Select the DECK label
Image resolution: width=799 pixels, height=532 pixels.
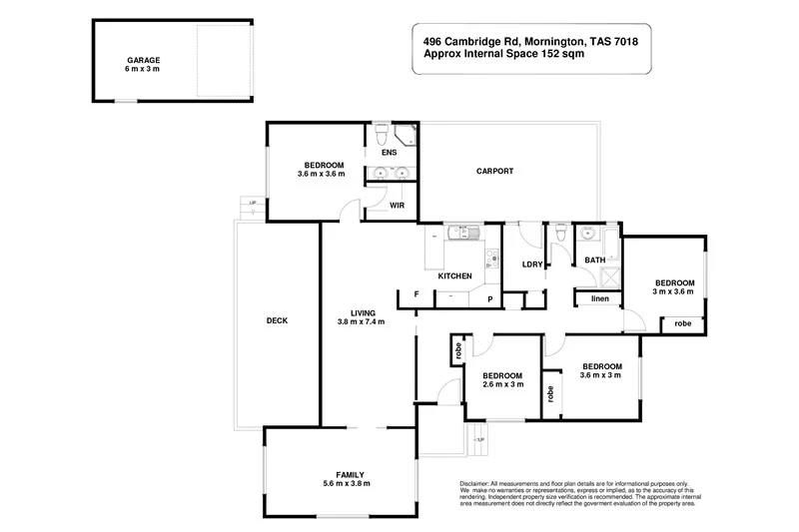click(x=277, y=320)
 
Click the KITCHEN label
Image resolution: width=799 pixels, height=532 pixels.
click(x=454, y=275)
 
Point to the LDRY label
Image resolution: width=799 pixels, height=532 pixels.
click(x=531, y=265)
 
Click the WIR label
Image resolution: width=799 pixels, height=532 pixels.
click(x=397, y=205)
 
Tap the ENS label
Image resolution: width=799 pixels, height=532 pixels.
click(x=390, y=153)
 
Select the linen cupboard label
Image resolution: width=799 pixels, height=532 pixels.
click(x=599, y=298)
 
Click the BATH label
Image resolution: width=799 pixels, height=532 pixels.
click(x=595, y=261)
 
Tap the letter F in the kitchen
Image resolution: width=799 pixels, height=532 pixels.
click(x=415, y=295)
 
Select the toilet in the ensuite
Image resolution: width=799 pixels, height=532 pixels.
click(x=380, y=133)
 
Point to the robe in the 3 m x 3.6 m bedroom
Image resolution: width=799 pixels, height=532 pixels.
click(x=683, y=323)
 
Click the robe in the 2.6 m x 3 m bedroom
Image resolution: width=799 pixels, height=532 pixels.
click(x=457, y=349)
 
